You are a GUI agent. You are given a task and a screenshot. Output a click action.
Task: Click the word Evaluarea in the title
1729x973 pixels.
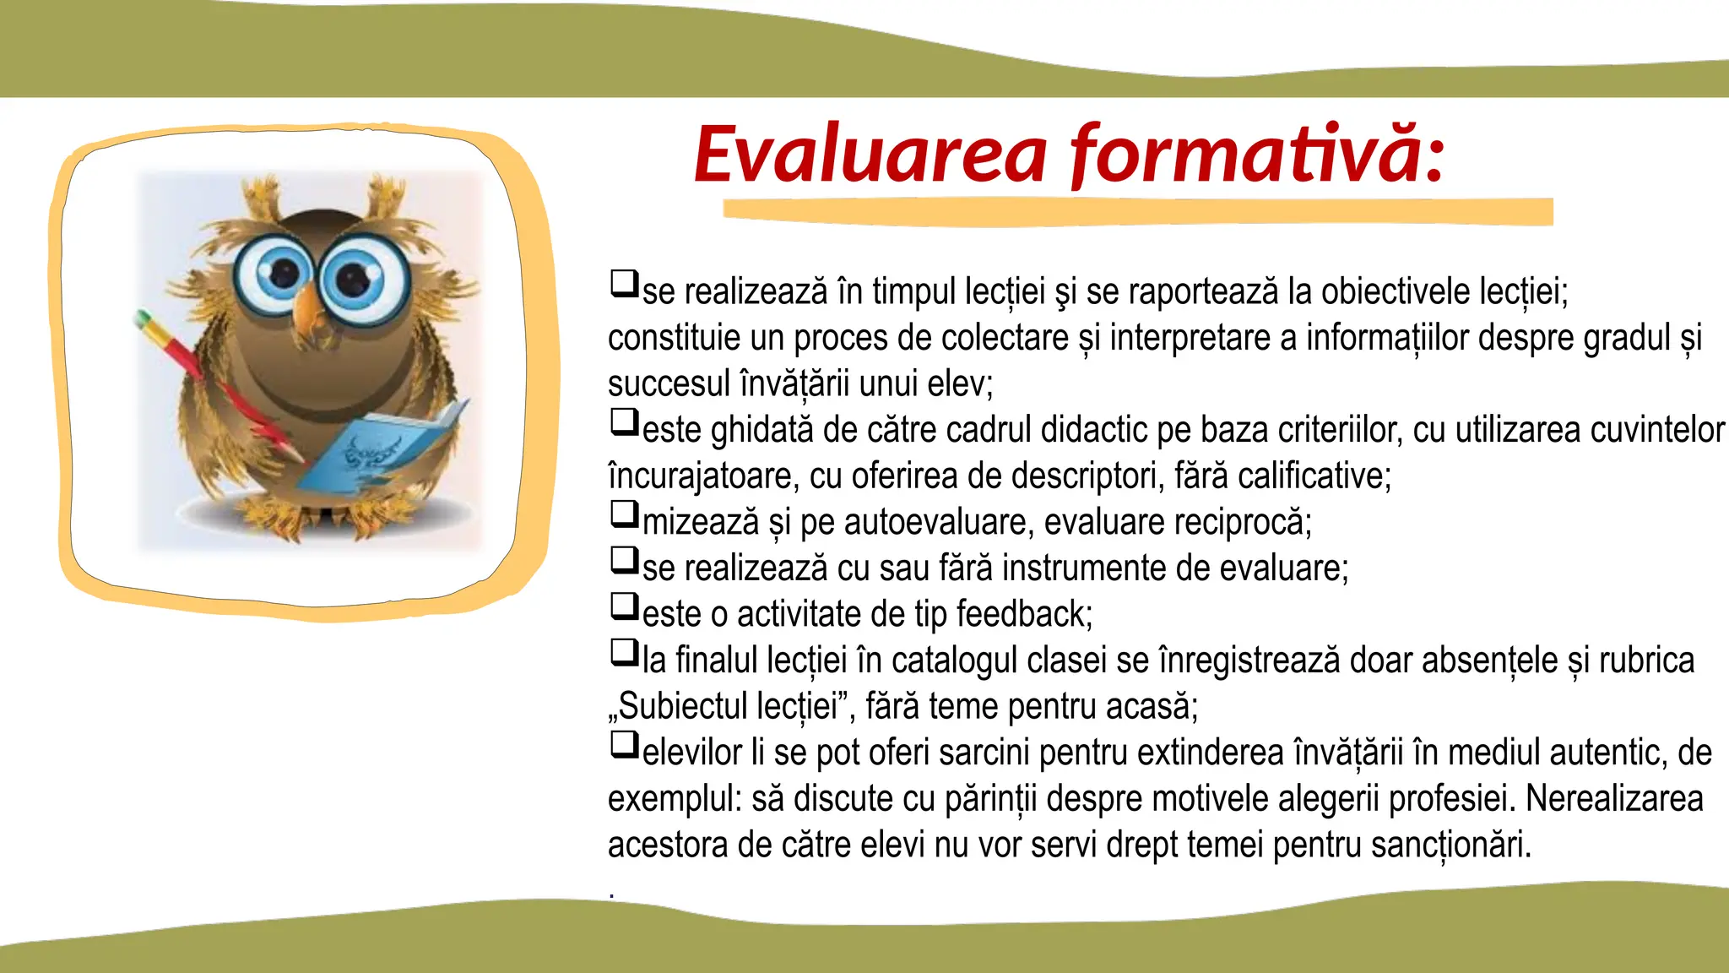[870, 155]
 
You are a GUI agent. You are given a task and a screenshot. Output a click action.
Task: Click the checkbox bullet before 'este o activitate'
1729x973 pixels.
[624, 606]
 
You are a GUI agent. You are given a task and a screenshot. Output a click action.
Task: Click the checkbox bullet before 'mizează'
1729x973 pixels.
[624, 514]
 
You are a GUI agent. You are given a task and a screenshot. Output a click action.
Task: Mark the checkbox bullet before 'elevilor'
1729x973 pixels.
[624, 744]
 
